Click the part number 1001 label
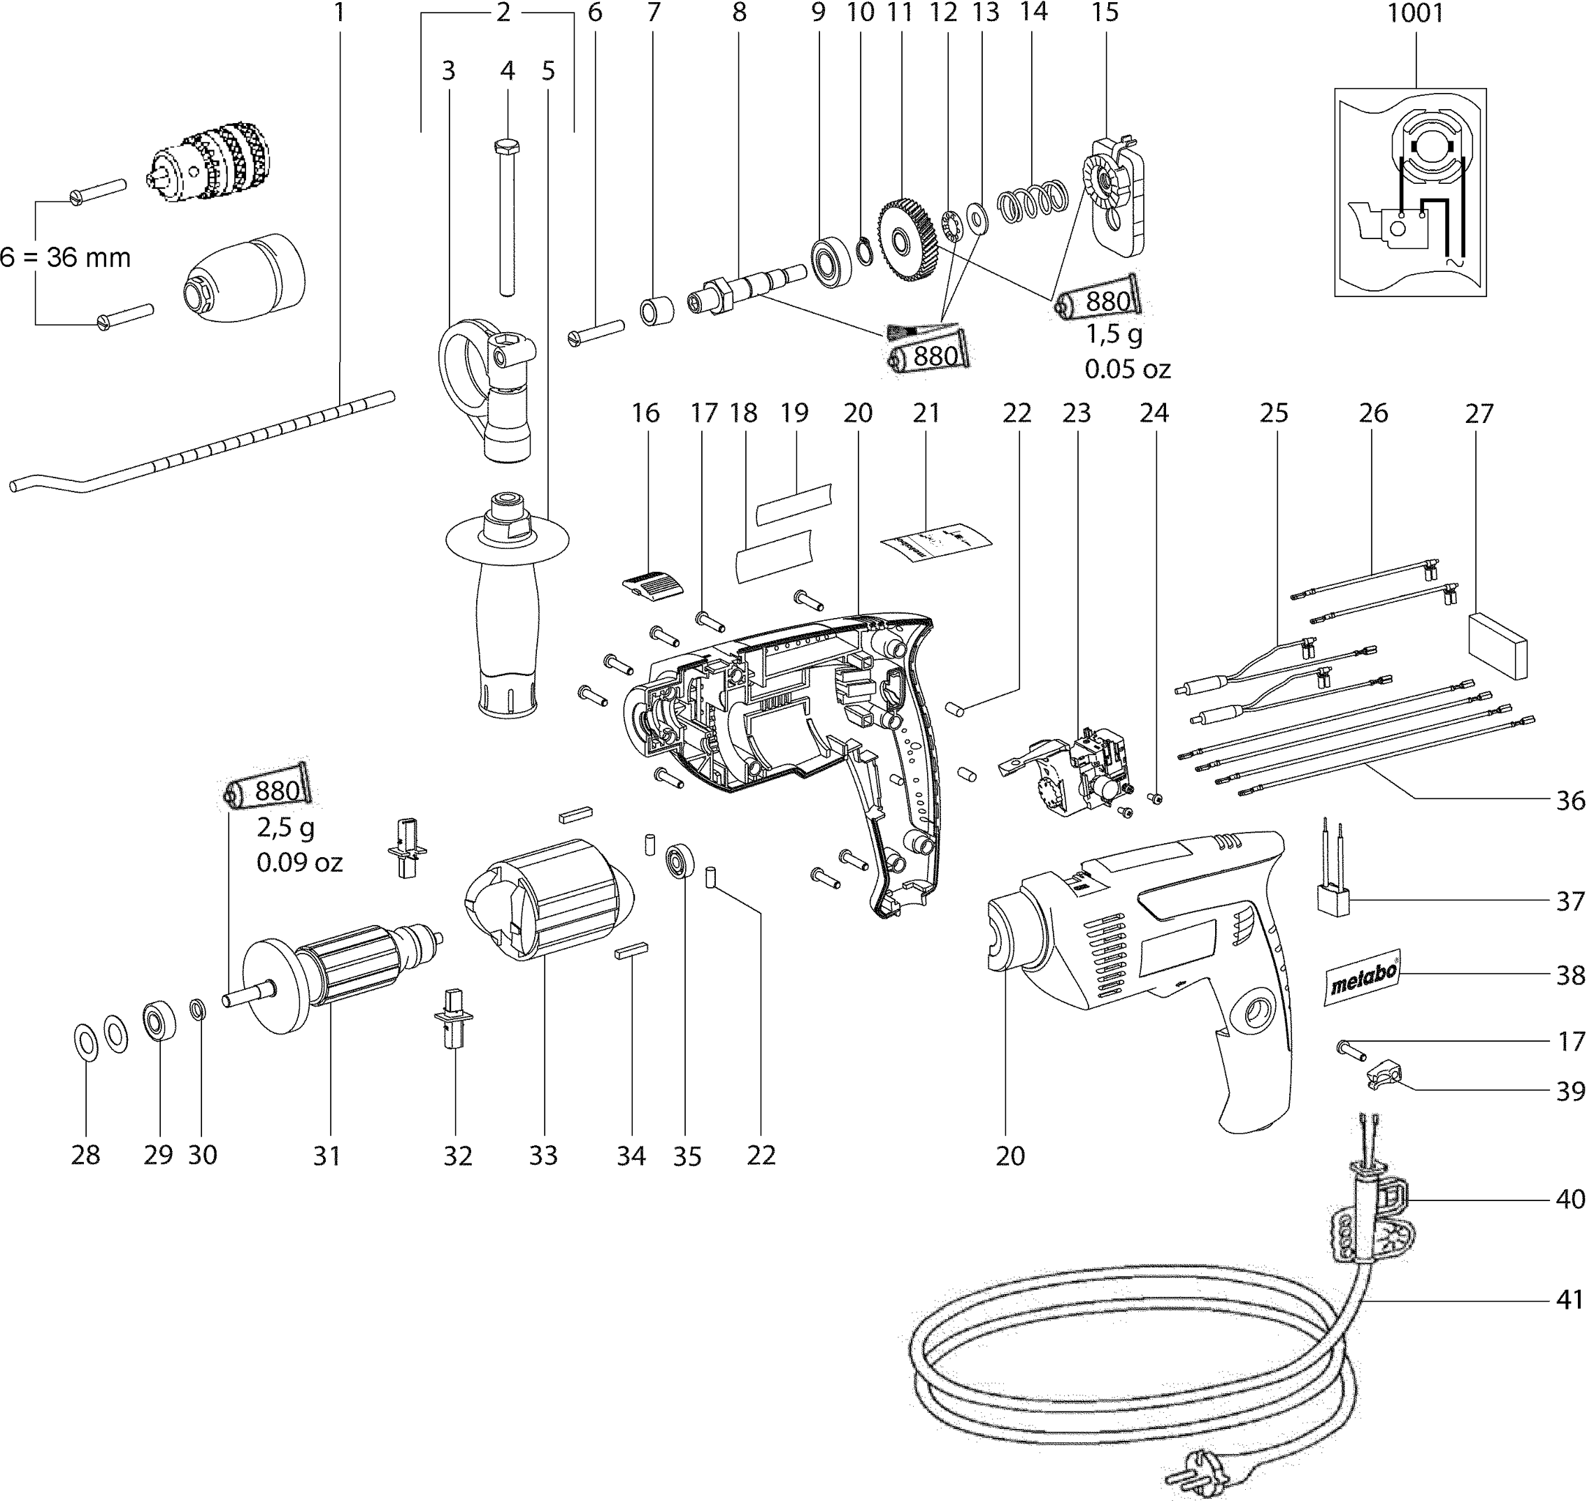[x=1415, y=13]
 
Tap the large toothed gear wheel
[x=906, y=239]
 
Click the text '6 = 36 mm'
[x=66, y=258]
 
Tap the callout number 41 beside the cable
[x=1569, y=1300]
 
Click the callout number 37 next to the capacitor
[x=1569, y=901]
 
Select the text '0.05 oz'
[x=1127, y=369]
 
